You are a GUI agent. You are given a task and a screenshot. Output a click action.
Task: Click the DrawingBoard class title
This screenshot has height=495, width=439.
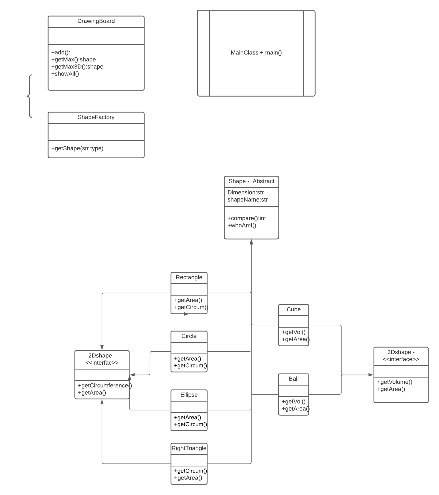coord(96,21)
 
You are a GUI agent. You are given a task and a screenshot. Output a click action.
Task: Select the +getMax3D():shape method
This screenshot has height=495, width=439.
coord(77,67)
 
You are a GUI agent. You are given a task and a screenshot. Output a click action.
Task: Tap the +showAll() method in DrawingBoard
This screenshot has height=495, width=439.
coord(65,74)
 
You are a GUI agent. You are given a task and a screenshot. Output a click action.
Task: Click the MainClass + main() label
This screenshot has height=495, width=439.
coord(256,53)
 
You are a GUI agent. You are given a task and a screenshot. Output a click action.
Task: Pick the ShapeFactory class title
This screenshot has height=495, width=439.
coord(96,117)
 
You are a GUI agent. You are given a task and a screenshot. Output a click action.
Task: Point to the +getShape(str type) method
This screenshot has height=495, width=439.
coord(77,148)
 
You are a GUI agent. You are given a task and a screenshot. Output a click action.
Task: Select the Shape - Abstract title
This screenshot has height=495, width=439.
coord(251,181)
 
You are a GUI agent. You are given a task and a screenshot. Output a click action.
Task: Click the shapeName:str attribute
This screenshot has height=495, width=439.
coord(247,200)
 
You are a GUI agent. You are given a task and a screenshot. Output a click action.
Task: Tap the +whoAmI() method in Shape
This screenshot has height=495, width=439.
coord(242,225)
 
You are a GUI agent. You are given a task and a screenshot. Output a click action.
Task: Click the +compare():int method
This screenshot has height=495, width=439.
coord(246,218)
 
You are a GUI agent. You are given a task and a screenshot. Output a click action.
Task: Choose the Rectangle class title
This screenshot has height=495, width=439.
coord(189,277)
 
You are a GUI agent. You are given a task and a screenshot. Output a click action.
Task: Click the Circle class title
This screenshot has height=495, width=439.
coord(189,336)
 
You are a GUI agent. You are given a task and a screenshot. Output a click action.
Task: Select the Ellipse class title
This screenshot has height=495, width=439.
coord(189,395)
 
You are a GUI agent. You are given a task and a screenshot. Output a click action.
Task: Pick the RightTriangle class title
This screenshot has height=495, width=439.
coord(189,448)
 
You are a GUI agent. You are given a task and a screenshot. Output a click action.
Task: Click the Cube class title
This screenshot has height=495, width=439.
coord(293,309)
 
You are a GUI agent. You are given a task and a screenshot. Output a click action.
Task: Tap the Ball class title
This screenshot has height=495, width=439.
coord(293,379)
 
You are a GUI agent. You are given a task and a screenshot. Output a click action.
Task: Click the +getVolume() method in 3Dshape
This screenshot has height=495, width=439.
coord(394,382)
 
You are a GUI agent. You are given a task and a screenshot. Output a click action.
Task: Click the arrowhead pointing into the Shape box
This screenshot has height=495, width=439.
coord(251,242)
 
